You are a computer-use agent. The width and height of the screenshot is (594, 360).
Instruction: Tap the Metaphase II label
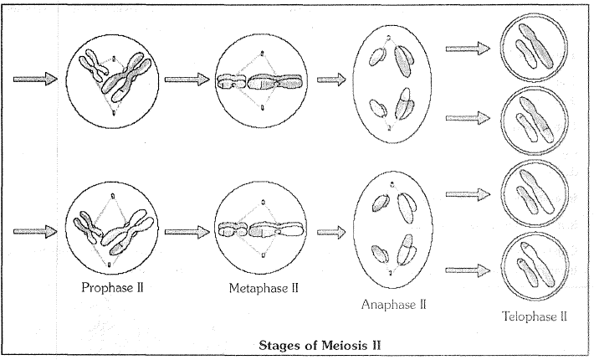tap(263, 289)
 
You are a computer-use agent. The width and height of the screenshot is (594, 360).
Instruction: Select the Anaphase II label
tap(394, 305)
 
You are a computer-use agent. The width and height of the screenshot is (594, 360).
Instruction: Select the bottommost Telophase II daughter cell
tap(532, 267)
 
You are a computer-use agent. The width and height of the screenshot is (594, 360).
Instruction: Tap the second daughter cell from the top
tap(532, 120)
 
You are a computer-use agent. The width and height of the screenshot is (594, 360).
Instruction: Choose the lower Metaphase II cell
tap(263, 229)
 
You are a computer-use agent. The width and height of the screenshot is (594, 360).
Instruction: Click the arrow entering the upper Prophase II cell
tap(35, 79)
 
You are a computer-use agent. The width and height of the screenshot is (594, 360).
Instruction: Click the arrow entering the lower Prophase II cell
tap(35, 228)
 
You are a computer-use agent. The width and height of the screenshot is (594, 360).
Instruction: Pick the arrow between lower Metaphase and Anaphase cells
tap(332, 229)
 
